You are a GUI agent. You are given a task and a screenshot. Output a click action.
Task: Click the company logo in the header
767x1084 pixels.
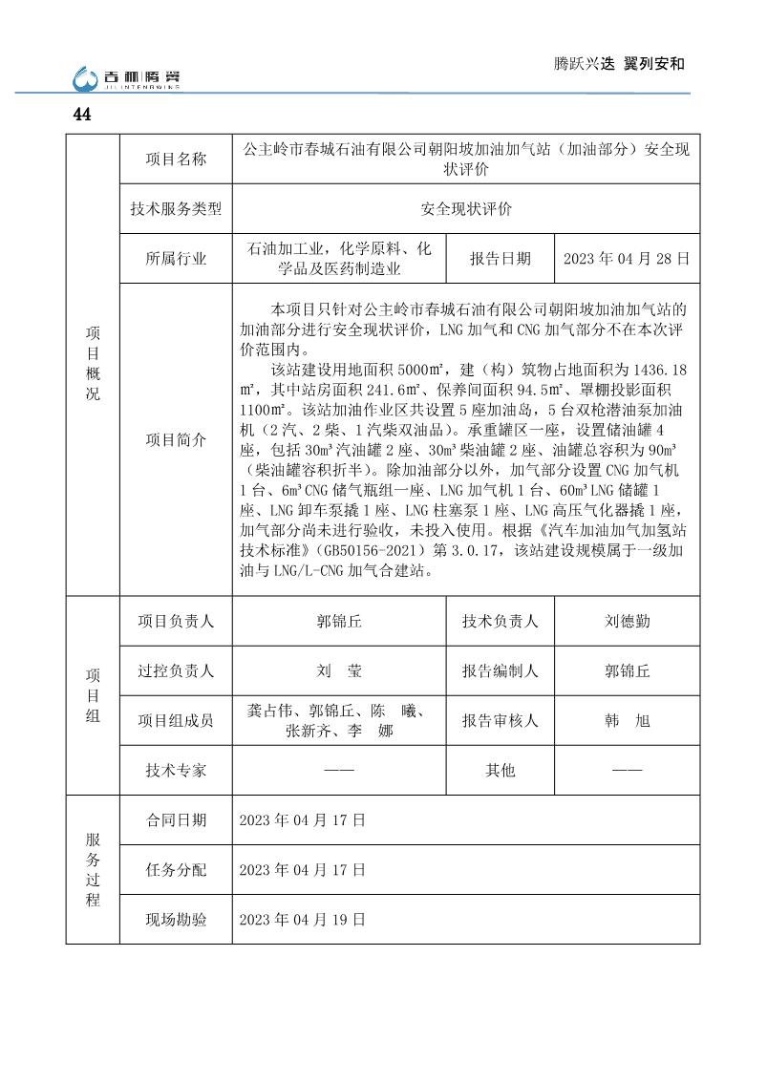(x=127, y=78)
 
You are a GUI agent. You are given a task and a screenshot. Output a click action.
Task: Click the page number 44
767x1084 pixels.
(x=81, y=115)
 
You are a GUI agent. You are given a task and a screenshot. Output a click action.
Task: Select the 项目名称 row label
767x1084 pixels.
(x=176, y=159)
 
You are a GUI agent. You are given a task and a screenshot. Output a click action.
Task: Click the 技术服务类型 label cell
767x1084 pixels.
(x=176, y=209)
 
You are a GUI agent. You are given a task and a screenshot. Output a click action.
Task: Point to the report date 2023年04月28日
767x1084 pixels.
(x=626, y=259)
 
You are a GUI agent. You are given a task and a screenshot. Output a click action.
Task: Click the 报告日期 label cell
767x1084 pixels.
(x=501, y=259)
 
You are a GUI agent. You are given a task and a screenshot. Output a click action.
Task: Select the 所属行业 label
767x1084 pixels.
(x=176, y=259)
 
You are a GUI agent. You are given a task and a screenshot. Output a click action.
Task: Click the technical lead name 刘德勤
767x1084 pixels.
(x=628, y=621)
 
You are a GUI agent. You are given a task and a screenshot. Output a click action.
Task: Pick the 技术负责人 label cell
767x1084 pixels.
(x=501, y=621)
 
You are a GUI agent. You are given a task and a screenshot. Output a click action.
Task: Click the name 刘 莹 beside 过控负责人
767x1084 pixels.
(x=339, y=670)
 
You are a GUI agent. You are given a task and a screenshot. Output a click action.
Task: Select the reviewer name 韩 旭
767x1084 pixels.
(x=628, y=721)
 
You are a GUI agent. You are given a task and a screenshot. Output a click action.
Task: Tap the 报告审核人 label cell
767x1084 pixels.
(x=501, y=721)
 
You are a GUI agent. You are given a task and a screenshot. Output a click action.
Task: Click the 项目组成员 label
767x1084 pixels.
(x=176, y=721)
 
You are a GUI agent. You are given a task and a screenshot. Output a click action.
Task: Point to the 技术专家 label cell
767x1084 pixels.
(x=176, y=770)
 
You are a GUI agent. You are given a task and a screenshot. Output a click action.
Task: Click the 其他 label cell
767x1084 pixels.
(x=501, y=770)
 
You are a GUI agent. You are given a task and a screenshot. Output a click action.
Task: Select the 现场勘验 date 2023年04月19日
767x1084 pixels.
(x=302, y=920)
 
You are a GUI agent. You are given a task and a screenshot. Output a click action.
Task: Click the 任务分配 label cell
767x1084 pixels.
(x=176, y=870)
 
